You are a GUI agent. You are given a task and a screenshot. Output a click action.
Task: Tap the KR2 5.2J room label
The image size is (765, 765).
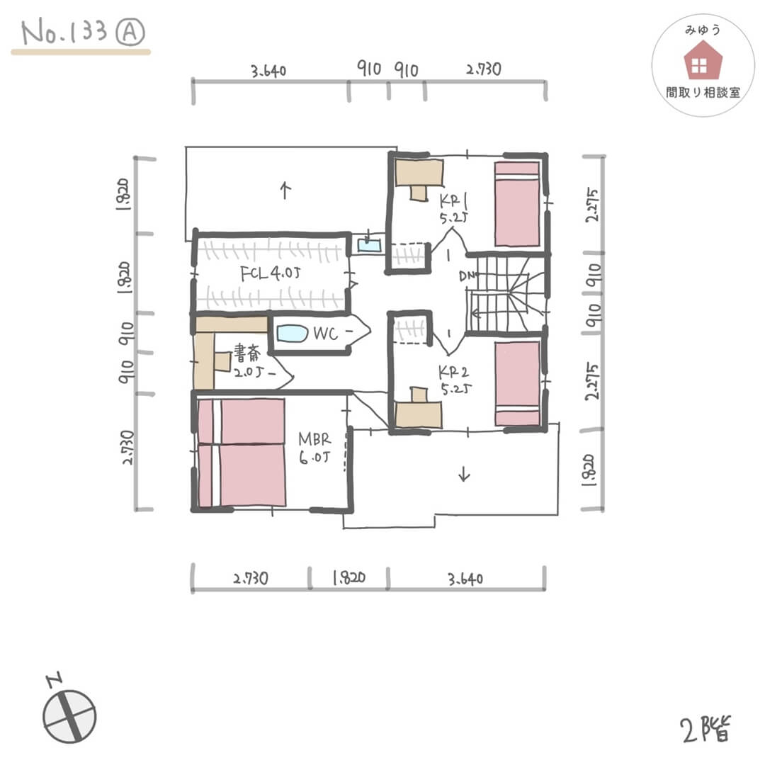451,379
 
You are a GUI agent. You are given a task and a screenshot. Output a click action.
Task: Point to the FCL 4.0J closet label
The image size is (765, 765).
270,275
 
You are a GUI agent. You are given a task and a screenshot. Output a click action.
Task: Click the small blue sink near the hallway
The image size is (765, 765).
369,245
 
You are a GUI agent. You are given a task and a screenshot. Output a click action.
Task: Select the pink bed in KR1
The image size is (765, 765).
517,204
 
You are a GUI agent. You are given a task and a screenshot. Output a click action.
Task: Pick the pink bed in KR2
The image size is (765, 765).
517,383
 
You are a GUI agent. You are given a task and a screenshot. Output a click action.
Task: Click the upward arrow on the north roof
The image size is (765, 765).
285,190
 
